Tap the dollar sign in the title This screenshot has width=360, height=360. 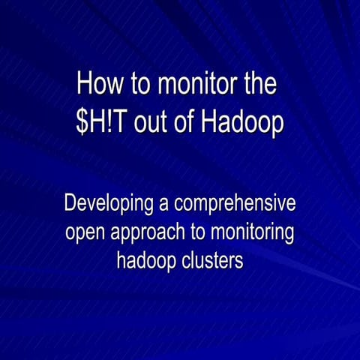pos(82,123)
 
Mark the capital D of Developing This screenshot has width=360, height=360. pos(70,203)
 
